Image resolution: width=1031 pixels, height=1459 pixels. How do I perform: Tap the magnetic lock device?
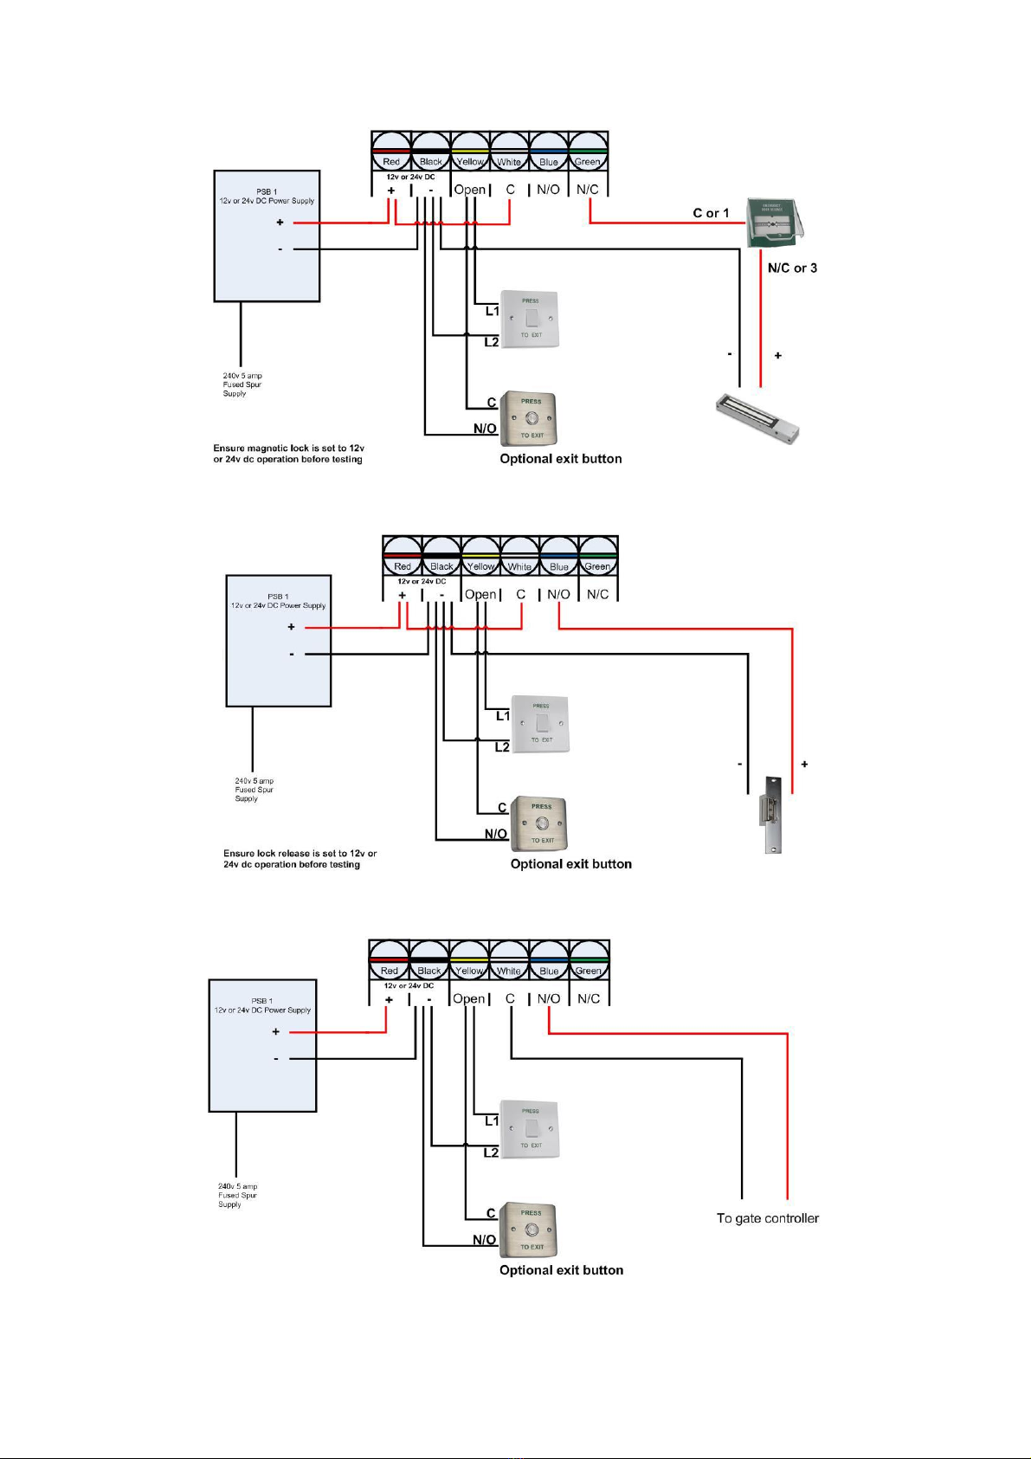(x=757, y=419)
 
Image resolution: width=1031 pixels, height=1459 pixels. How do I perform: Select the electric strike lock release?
(x=771, y=814)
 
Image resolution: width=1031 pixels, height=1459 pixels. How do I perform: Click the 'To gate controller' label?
(x=767, y=1218)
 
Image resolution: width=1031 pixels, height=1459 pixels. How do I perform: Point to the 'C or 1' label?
(x=711, y=213)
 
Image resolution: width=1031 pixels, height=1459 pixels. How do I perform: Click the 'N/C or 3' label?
(x=792, y=268)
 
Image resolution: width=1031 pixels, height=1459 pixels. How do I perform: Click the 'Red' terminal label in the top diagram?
(x=391, y=162)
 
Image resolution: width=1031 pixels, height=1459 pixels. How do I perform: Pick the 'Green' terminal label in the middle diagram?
(x=597, y=567)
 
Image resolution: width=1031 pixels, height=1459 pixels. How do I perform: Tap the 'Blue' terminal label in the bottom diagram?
(x=549, y=972)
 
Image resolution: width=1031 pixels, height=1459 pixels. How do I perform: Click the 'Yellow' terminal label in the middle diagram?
(x=480, y=567)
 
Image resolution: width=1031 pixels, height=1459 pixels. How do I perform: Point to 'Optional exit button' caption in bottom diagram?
(x=561, y=1270)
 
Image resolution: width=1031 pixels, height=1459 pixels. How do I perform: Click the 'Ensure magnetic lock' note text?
(x=288, y=454)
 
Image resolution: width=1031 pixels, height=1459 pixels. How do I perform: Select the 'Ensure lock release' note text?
(x=300, y=859)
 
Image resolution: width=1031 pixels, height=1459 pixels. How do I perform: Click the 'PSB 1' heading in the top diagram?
(x=267, y=191)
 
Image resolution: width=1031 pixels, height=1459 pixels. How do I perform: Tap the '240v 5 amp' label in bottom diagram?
(x=237, y=1186)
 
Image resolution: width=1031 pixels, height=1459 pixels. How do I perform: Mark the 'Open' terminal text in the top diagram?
(x=470, y=190)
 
